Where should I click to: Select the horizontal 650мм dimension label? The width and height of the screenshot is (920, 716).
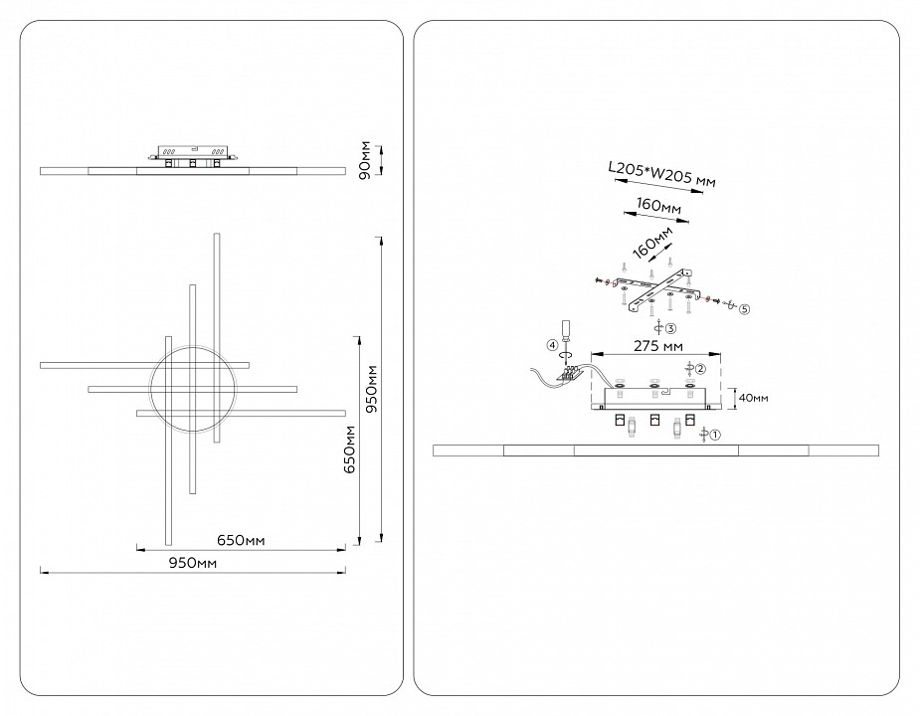click(240, 540)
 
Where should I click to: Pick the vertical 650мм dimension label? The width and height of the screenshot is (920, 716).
click(348, 449)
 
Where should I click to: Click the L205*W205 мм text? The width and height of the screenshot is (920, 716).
click(661, 176)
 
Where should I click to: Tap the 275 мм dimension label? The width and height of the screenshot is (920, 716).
click(657, 346)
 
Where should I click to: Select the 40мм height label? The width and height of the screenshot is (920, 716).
click(753, 398)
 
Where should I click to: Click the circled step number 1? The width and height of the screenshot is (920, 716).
click(713, 434)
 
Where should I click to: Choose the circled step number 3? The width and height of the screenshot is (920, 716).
click(671, 327)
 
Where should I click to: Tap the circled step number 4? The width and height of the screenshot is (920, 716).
click(551, 345)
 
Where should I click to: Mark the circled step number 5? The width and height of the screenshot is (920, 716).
click(744, 308)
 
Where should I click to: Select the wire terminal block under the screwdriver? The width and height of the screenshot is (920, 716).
click(570, 374)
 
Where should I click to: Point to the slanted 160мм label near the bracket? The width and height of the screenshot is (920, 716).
click(651, 241)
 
